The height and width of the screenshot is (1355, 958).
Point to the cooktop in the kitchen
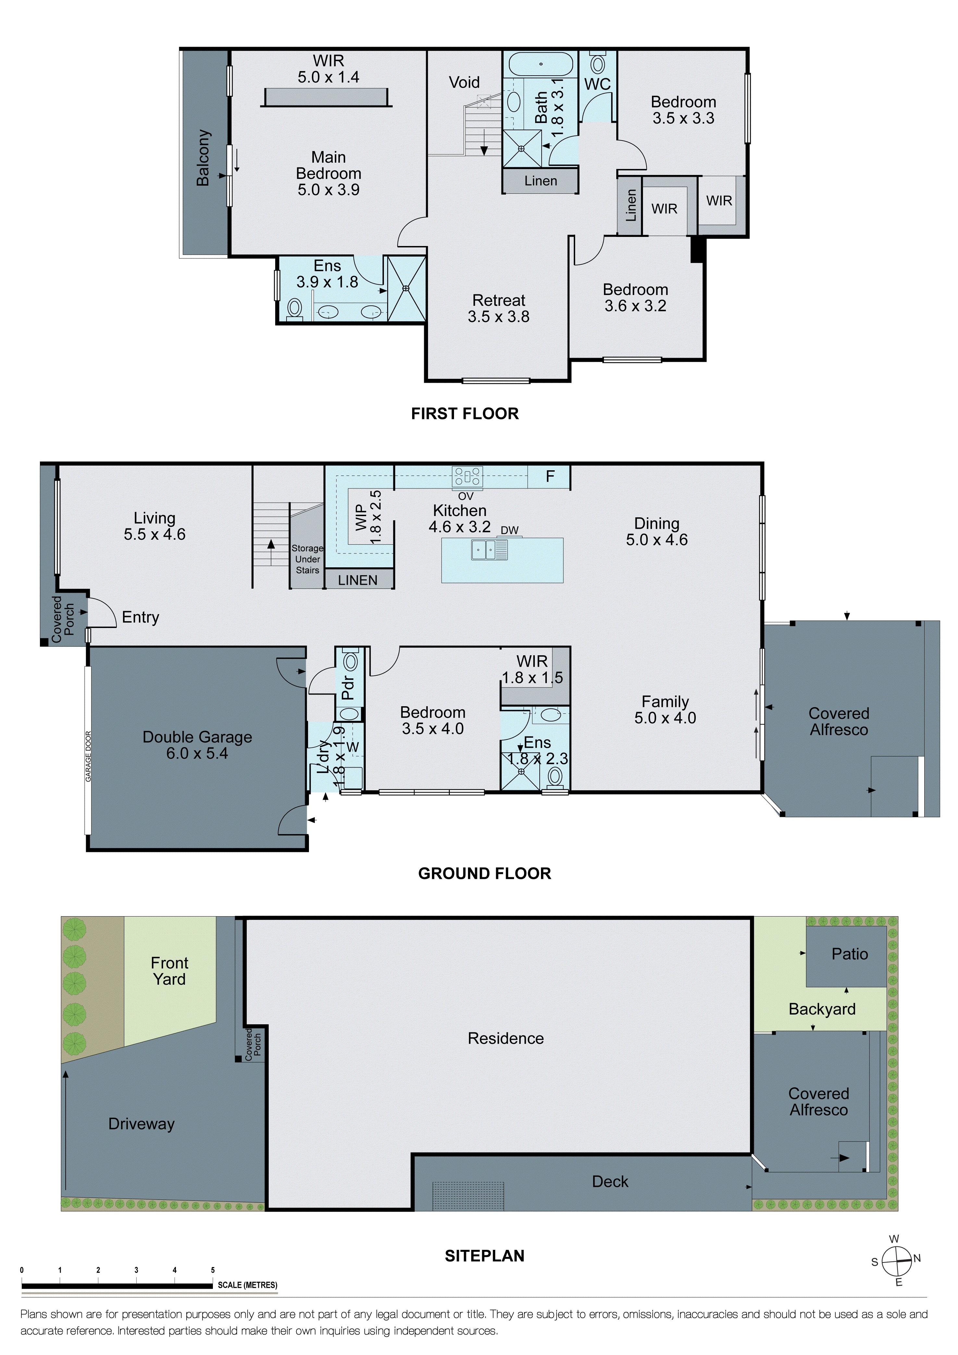point(467,476)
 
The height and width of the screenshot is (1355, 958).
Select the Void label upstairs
point(464,83)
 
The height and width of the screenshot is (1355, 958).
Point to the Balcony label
point(203,158)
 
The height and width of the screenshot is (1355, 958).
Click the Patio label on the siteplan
point(849,954)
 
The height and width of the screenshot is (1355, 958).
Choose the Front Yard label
point(169,971)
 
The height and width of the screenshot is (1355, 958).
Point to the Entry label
point(141,617)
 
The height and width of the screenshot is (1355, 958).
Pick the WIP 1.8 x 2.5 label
point(368,517)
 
